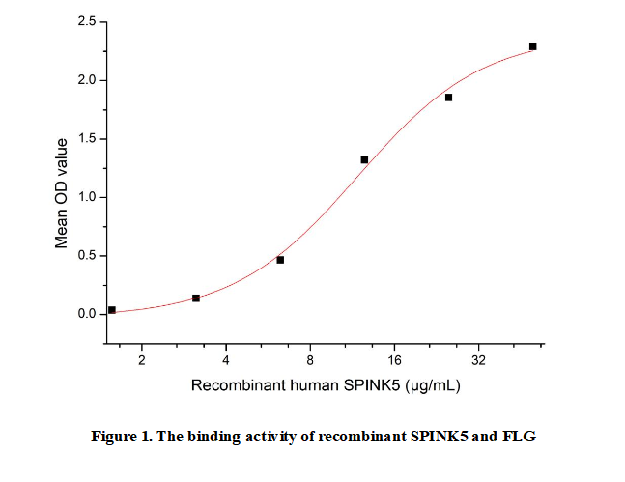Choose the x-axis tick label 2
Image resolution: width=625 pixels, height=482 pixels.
click(x=142, y=361)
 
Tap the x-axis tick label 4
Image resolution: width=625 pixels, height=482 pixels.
click(x=226, y=361)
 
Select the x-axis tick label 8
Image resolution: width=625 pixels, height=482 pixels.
click(x=310, y=361)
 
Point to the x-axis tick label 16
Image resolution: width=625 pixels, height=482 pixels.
click(x=394, y=361)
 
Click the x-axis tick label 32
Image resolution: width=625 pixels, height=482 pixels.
click(x=478, y=361)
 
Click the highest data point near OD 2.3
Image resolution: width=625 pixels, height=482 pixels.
click(x=532, y=46)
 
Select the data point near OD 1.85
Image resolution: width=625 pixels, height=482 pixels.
click(x=448, y=98)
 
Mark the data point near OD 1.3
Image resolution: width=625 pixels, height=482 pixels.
click(x=364, y=160)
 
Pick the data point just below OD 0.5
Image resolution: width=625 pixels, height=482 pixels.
click(x=280, y=260)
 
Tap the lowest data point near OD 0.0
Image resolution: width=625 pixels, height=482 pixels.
click(x=112, y=310)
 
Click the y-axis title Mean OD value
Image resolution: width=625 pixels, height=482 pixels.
click(x=62, y=193)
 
